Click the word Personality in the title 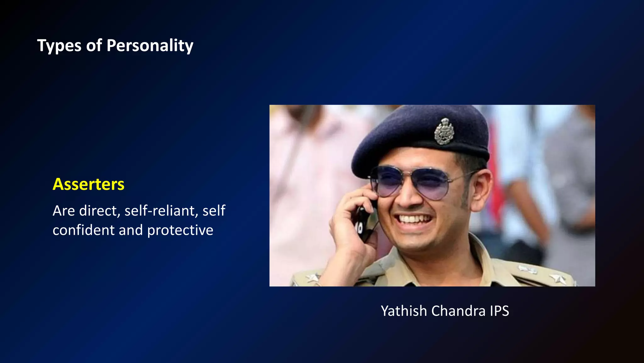tap(150, 46)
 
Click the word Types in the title tap(59, 46)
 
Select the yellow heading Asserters tap(88, 184)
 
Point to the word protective tap(180, 230)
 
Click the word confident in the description tap(84, 230)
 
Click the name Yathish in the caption tap(404, 311)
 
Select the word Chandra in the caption tap(458, 311)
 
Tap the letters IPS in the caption tap(499, 311)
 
